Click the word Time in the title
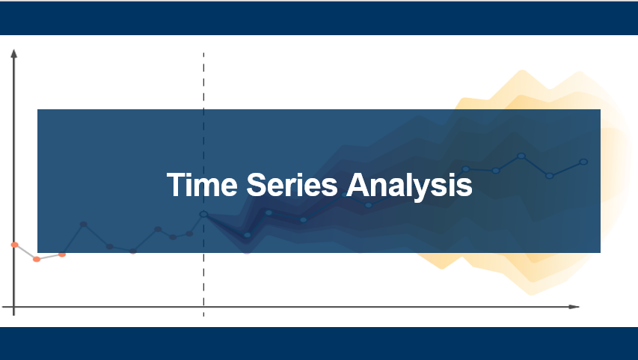[x=202, y=184]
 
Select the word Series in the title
[x=292, y=184]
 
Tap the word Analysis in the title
[x=409, y=186]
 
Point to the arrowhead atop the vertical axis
[x=13, y=54]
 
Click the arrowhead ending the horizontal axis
[x=574, y=307]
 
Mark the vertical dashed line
[x=203, y=184]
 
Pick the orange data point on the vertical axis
[x=15, y=245]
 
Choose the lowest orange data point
[x=37, y=260]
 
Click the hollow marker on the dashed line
[x=203, y=214]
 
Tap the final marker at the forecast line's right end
[x=583, y=162]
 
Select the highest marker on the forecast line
[x=521, y=156]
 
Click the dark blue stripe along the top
[x=319, y=18]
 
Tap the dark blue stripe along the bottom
[x=319, y=344]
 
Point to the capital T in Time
[x=175, y=184]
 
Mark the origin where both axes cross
[x=13, y=307]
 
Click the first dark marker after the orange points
[x=84, y=225]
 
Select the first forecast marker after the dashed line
[x=248, y=235]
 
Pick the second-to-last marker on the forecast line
[x=549, y=176]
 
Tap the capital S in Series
[x=257, y=184]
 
